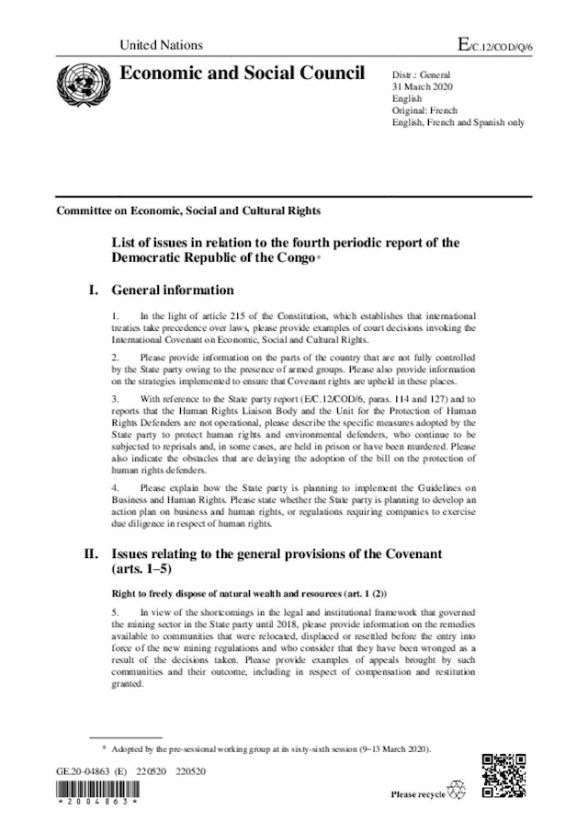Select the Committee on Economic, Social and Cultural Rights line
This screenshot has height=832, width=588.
188,211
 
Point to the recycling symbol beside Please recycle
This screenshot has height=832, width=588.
457,792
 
